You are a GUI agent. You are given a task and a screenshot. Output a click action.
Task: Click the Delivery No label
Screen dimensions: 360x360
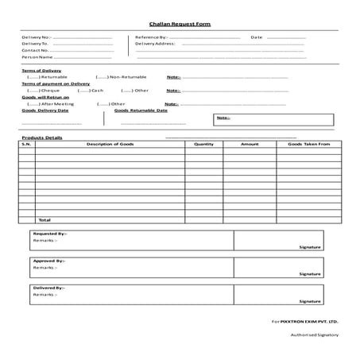36,37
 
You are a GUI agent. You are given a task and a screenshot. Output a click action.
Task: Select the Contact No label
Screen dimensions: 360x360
35,50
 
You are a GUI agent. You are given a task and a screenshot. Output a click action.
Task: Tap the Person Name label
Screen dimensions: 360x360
37,57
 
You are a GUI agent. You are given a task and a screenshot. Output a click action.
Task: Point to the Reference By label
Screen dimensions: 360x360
151,37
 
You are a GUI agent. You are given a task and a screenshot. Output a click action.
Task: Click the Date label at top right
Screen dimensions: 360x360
256,37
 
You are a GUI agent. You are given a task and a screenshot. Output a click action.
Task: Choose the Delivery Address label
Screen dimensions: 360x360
154,44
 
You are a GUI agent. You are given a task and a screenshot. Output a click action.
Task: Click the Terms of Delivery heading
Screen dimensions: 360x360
41,71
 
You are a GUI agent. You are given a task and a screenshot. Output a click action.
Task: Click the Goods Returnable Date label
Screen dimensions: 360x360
141,110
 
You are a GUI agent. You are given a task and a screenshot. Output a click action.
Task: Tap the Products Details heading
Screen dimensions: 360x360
41,137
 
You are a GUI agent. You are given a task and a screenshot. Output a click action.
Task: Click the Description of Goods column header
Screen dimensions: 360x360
110,144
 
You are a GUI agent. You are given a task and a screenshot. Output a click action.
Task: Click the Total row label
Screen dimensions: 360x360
45,219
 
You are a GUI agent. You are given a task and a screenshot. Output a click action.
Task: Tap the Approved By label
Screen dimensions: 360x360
49,261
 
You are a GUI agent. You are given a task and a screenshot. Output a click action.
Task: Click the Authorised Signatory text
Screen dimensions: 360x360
315,335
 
